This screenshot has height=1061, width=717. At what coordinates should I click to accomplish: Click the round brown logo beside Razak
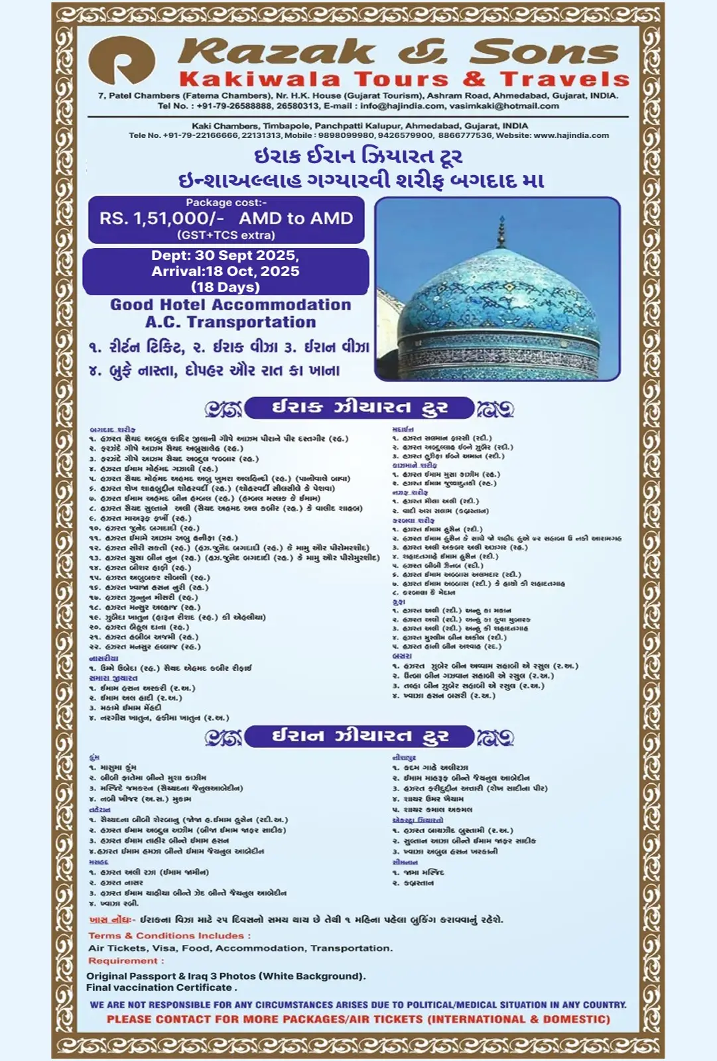(122, 60)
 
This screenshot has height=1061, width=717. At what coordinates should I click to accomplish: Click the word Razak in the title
(277, 52)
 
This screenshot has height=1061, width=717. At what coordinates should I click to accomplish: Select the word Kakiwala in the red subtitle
(259, 80)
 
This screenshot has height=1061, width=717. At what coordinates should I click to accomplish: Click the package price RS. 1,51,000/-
(161, 219)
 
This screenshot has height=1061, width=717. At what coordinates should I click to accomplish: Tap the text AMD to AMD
(296, 219)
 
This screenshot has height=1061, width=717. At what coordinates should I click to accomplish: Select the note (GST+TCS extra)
(226, 235)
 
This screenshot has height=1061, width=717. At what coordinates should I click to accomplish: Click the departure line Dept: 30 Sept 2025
(225, 256)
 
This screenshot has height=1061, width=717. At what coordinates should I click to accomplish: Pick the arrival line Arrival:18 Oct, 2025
(225, 271)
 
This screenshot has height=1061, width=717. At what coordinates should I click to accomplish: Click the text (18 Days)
(225, 287)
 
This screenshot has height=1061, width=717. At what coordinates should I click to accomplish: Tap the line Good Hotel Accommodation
(230, 305)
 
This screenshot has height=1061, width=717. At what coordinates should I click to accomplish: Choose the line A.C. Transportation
(230, 322)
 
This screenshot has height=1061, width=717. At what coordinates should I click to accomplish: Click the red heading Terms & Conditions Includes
(169, 936)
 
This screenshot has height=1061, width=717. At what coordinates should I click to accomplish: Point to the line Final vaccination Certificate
(161, 987)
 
